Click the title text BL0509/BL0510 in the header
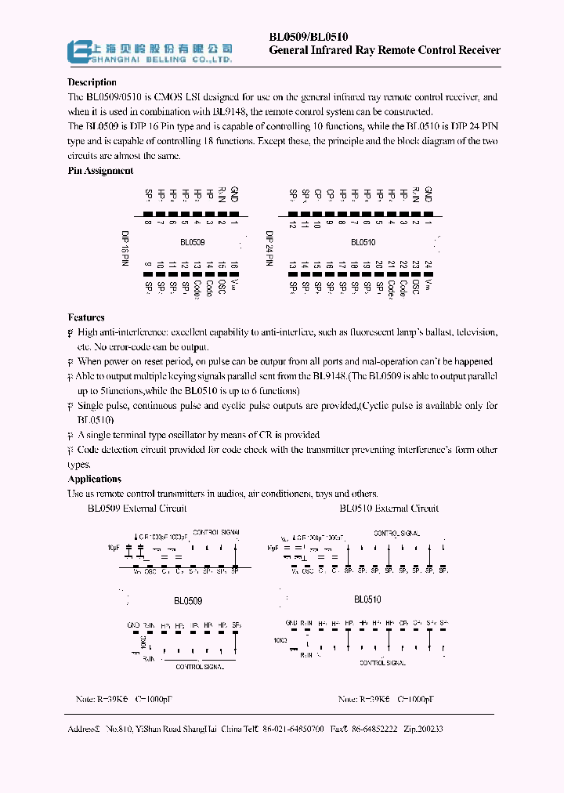[309, 37]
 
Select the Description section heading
[92, 82]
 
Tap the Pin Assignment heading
[100, 170]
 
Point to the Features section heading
[86, 317]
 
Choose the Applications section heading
[94, 479]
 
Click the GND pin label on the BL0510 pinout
[428, 195]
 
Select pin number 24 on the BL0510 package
[428, 266]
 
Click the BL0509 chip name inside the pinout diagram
[191, 244]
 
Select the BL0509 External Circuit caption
[137, 508]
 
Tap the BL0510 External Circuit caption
[389, 508]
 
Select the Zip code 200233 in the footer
[430, 729]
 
